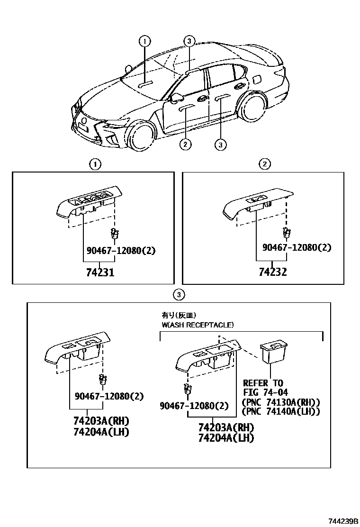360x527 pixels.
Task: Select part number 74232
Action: click(272, 273)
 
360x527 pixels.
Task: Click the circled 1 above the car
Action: click(144, 41)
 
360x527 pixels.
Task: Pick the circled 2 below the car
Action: click(185, 144)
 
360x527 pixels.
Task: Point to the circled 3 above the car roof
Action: click(189, 41)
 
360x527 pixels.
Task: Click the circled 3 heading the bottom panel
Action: click(178, 295)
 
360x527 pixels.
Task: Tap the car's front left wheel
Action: click(141, 135)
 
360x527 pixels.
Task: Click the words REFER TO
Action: click(263, 383)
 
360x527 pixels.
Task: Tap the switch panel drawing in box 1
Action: click(89, 204)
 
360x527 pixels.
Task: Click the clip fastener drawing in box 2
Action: click(286, 232)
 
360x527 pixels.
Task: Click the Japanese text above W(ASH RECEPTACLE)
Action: click(179, 315)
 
